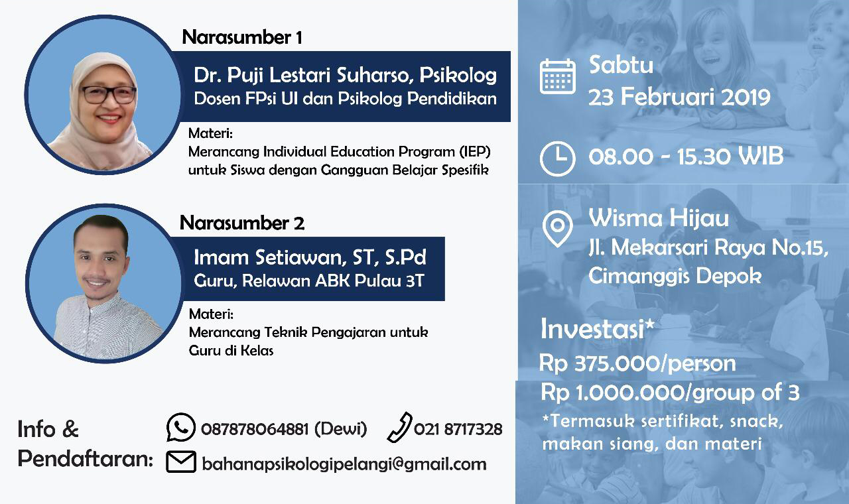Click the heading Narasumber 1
pyautogui.click(x=241, y=37)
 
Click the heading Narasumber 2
pyautogui.click(x=241, y=223)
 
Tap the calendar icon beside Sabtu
pyautogui.click(x=557, y=76)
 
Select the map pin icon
pyautogui.click(x=557, y=227)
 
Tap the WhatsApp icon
pyautogui.click(x=180, y=428)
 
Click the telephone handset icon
pyautogui.click(x=399, y=428)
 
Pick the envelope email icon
pyautogui.click(x=180, y=462)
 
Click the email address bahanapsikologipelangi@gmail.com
pyautogui.click(x=344, y=464)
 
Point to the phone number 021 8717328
pyautogui.click(x=458, y=430)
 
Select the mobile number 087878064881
pyautogui.click(x=255, y=430)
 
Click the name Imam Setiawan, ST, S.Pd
pyautogui.click(x=310, y=257)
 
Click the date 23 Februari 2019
pyautogui.click(x=679, y=97)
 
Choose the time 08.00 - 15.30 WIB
pyautogui.click(x=685, y=157)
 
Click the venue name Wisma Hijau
pyautogui.click(x=658, y=218)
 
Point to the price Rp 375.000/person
pyautogui.click(x=637, y=363)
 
